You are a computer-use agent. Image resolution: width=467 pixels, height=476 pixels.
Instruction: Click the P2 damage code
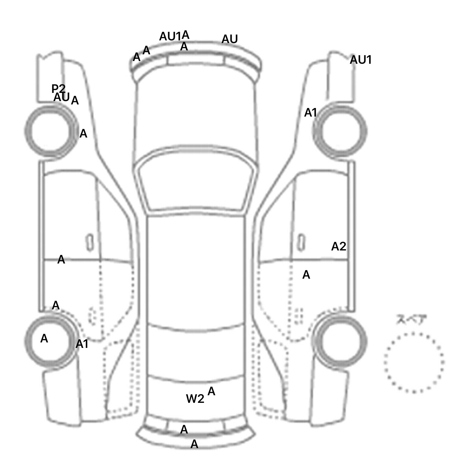pos(58,89)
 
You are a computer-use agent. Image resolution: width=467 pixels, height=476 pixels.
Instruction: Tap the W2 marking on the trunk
pos(195,399)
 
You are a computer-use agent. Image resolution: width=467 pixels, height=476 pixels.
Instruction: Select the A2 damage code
pos(338,246)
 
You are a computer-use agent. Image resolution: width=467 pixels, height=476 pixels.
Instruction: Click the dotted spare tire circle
pos(414,362)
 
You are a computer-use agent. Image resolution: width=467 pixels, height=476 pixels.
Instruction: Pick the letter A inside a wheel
pos(44,338)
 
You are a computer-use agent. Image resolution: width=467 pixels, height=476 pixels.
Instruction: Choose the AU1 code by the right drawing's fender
pos(361,60)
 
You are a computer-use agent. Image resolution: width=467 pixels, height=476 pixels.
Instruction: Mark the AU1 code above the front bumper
pos(170,37)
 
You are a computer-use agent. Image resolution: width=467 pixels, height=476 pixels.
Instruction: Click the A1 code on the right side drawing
pos(310,113)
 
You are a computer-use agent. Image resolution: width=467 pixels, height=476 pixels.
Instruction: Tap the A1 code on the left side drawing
pos(82,344)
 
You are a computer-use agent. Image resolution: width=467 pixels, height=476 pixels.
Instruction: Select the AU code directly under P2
pos(61,97)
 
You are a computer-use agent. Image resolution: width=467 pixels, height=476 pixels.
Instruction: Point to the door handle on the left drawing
pos(90,242)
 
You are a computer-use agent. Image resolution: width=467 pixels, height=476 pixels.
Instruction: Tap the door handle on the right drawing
pos(301,242)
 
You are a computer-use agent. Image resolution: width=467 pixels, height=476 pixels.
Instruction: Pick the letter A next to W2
pos(211,392)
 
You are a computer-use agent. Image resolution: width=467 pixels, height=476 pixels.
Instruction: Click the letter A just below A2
pos(306,275)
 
